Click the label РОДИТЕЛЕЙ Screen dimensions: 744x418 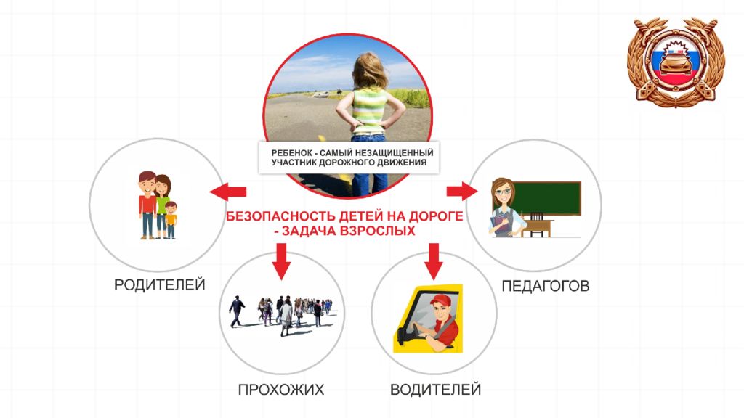point(159,284)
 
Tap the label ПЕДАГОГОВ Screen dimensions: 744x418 point(545,286)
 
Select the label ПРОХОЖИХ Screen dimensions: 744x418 point(281,390)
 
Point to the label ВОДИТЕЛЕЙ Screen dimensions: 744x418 point(435,390)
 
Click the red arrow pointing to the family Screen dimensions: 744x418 point(227,192)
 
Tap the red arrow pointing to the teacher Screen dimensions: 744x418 point(462,191)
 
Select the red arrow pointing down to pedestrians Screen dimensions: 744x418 point(281,261)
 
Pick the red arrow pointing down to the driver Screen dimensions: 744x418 point(433,261)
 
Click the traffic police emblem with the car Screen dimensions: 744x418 point(676,62)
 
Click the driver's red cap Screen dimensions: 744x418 point(440,300)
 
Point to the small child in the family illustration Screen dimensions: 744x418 point(171,219)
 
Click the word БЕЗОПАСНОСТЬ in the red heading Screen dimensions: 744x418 point(280,216)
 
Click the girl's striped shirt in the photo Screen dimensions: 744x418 point(370,111)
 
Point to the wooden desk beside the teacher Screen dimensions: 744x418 point(538,226)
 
